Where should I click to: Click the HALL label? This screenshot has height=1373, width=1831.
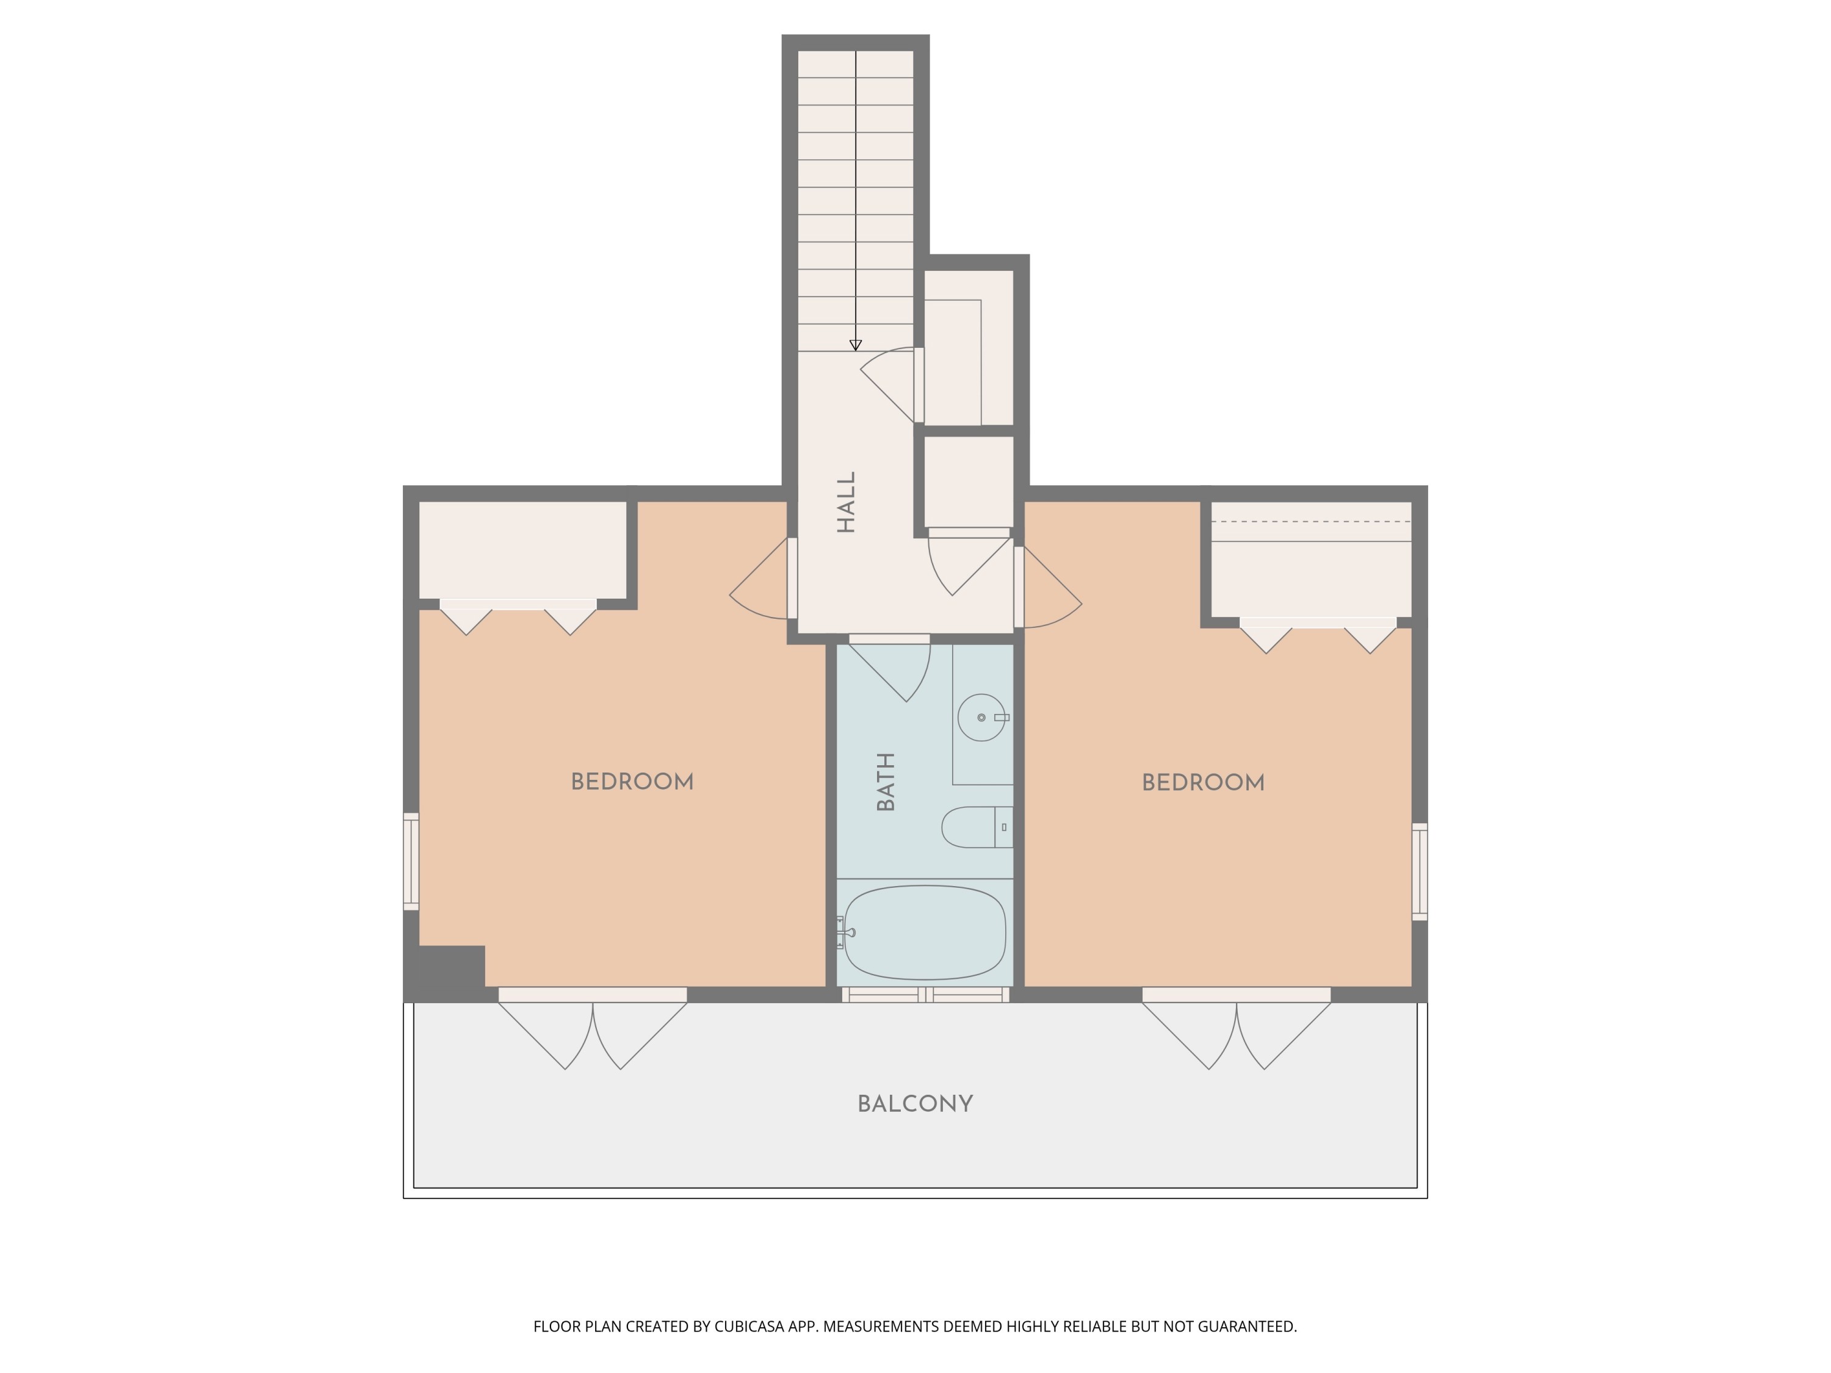tap(846, 502)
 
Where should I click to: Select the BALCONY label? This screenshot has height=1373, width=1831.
tap(915, 1104)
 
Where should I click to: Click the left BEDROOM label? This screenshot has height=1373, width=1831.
tap(632, 782)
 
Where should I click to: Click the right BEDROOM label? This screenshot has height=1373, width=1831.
tap(1203, 783)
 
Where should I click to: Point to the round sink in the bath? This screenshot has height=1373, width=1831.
tap(981, 717)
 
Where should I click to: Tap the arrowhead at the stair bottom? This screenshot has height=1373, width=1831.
tap(856, 345)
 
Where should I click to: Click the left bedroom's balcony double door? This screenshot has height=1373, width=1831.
tap(593, 1031)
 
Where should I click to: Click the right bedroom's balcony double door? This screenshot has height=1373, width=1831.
tap(1237, 1031)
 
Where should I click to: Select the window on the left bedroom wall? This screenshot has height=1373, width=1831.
tap(411, 862)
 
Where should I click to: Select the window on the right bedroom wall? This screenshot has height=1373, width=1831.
tap(1420, 871)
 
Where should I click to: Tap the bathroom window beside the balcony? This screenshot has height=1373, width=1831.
tap(925, 995)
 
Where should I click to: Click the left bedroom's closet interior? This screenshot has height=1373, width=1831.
tap(522, 549)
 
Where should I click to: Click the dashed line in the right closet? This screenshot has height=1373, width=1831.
tap(1310, 521)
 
